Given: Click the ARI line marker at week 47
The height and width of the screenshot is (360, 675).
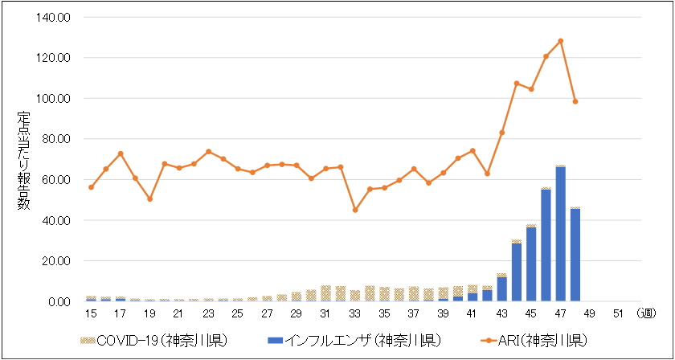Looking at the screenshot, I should click(x=560, y=41).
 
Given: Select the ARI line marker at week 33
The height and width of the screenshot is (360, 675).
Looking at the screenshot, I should click(x=355, y=210).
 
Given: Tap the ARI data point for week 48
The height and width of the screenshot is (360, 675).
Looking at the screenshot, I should click(x=575, y=101).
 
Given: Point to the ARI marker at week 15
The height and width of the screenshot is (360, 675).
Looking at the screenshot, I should click(x=91, y=187).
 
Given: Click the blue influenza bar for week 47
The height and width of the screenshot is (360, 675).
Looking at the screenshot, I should click(x=560, y=234).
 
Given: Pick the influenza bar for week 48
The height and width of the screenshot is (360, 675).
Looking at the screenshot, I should click(x=575, y=255).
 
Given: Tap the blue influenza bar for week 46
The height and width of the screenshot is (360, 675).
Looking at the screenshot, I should click(x=546, y=245).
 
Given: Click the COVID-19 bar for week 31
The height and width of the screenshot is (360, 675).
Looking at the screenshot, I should click(x=325, y=293).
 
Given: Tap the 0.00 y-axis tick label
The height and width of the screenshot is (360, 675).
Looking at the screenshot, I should click(x=60, y=302).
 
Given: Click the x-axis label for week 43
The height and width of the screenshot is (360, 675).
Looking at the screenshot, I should click(x=502, y=313).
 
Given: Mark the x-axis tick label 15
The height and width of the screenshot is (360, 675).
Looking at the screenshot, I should click(x=91, y=313).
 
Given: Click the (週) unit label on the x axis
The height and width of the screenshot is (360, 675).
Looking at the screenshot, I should click(x=648, y=313).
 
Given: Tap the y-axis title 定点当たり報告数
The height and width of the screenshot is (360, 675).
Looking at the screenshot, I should click(x=24, y=160).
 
